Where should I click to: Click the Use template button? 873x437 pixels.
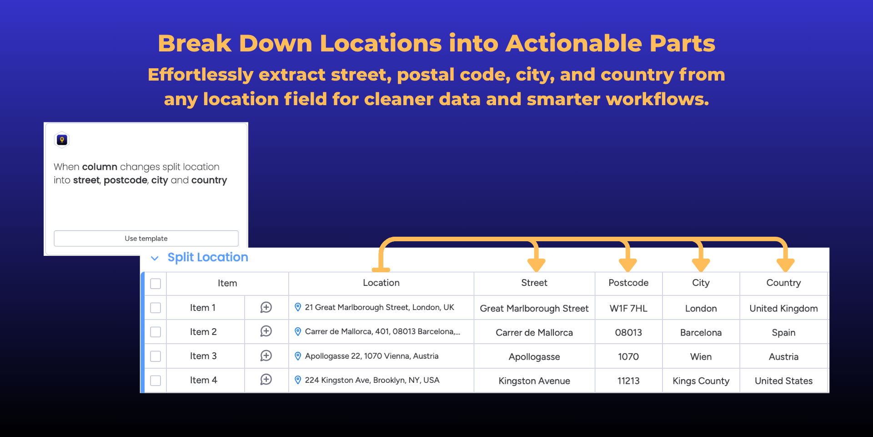pos(146,239)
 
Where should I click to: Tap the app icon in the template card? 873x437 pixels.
pos(62,140)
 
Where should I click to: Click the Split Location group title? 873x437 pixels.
pos(208,257)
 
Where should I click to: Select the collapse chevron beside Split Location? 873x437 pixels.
pos(155,258)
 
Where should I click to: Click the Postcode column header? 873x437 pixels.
pos(628,283)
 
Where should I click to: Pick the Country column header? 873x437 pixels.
pos(783,283)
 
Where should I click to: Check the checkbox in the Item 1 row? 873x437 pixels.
pos(156,308)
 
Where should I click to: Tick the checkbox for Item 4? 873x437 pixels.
pos(156,381)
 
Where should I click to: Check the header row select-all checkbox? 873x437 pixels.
pos(156,284)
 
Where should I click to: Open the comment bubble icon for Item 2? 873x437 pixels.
pos(266,331)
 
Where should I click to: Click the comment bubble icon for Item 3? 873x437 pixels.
pos(266,356)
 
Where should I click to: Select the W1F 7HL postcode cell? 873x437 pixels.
pos(628,308)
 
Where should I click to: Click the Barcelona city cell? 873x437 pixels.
pos(701,332)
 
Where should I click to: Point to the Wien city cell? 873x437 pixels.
pos(701,356)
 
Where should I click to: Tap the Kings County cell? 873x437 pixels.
pos(701,381)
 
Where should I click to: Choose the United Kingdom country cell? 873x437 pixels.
pos(783,308)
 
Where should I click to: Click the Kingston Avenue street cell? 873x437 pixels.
pos(534,381)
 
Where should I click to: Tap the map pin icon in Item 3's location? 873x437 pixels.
pos(298,356)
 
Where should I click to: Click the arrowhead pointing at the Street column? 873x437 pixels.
pos(537,265)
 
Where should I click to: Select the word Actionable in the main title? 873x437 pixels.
pos(573,43)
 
